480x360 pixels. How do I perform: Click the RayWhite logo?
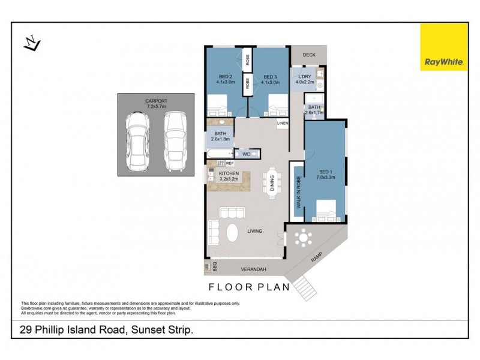(443, 47)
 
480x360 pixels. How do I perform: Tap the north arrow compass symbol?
(31, 43)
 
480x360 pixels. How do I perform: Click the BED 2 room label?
(225, 79)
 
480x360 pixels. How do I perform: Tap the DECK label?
(309, 55)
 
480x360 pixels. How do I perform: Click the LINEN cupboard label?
(283, 124)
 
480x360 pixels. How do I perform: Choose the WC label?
(246, 154)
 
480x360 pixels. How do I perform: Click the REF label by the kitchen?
(230, 163)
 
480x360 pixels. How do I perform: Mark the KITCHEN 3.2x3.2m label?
(229, 176)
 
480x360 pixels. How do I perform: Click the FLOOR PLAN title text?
(249, 286)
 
